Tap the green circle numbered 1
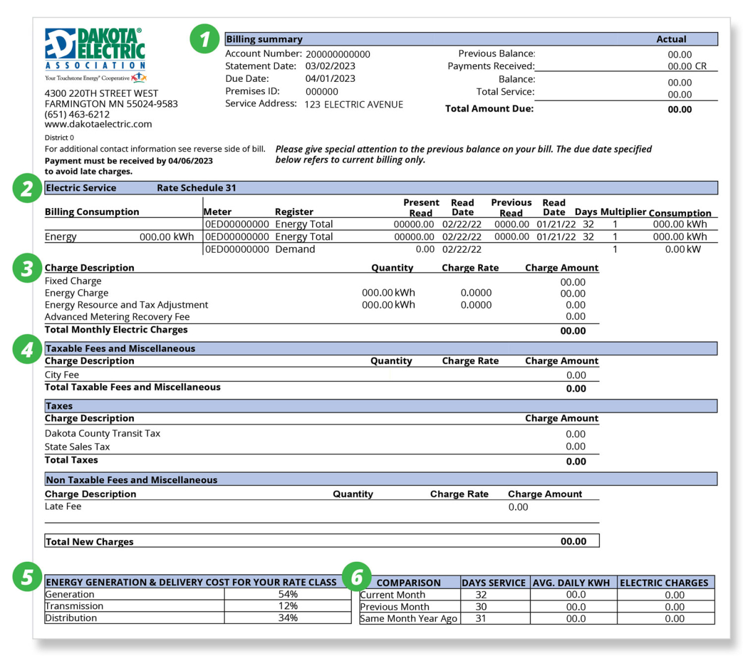point(205,39)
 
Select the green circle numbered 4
point(27,349)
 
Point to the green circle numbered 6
point(357,577)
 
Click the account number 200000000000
point(337,55)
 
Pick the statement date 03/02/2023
point(330,66)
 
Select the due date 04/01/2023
point(330,79)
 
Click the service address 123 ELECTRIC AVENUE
point(354,105)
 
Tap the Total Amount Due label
point(489,109)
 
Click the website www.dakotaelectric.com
point(98,124)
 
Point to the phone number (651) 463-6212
point(77,114)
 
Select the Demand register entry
point(295,249)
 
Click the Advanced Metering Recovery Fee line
point(117,317)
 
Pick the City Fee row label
point(62,375)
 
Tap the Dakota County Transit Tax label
point(102,434)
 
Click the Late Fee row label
point(63,507)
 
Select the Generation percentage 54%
point(288,594)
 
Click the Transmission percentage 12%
point(288,606)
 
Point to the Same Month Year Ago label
point(409,618)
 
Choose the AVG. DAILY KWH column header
point(571,583)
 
